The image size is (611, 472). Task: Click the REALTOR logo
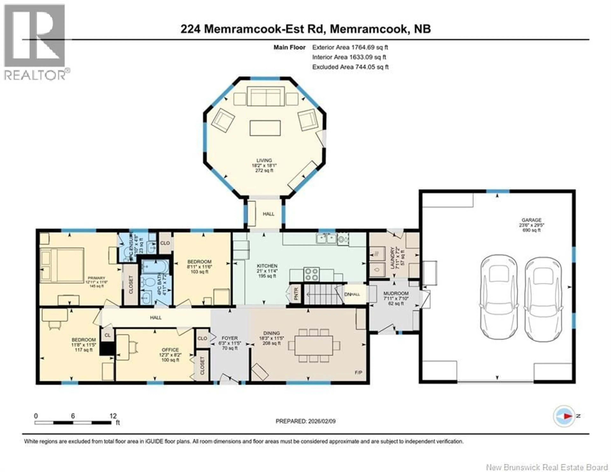(x=35, y=42)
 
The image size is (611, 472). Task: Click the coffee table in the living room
(x=265, y=128)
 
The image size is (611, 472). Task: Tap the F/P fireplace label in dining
(x=358, y=373)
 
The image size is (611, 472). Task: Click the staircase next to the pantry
(x=323, y=294)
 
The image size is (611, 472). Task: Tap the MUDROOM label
(x=396, y=293)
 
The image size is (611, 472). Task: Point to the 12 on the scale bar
(x=113, y=416)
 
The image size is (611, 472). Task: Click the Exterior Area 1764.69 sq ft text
(x=350, y=47)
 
